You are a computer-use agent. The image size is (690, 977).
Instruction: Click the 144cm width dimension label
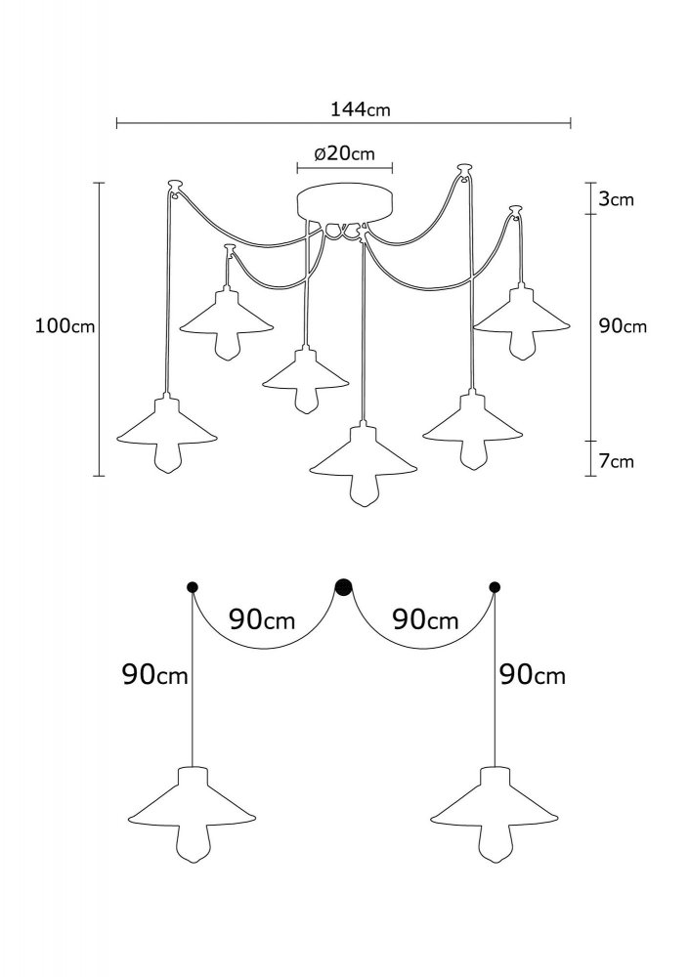(361, 109)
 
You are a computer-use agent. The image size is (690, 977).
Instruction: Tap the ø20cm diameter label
(345, 153)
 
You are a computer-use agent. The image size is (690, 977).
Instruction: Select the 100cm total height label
(65, 326)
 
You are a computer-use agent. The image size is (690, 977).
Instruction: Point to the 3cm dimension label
(617, 199)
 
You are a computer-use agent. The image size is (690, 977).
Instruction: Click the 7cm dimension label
(617, 461)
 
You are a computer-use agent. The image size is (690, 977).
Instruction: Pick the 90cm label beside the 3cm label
(624, 326)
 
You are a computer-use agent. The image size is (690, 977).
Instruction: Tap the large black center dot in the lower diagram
(343, 586)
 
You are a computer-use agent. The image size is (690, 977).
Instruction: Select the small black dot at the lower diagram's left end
(192, 586)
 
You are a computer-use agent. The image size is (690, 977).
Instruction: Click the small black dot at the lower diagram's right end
(495, 586)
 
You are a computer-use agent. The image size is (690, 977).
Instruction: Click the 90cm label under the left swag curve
(262, 620)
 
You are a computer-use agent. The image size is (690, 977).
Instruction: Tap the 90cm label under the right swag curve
(425, 620)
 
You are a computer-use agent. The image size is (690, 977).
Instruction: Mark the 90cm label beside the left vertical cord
(155, 674)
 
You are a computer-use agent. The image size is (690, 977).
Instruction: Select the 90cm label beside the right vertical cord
(533, 675)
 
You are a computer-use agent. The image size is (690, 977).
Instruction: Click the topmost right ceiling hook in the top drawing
(462, 168)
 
